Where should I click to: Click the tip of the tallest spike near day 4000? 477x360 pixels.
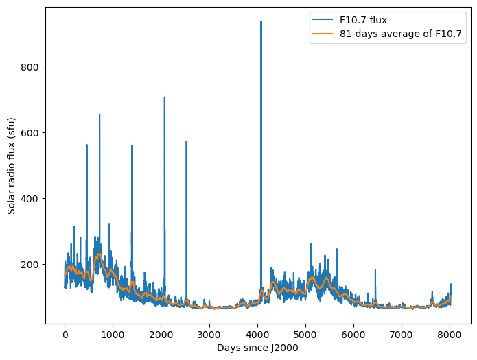point(261,21)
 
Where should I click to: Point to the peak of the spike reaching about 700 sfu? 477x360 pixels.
point(164,97)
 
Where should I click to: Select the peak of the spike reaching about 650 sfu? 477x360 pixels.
point(100,115)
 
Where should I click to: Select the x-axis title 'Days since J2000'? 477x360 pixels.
point(257,348)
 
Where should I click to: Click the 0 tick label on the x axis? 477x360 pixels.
point(65,334)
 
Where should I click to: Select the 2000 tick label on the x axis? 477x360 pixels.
point(161,334)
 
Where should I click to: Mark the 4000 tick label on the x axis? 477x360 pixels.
point(257,334)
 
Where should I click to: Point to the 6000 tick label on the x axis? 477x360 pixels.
point(353,334)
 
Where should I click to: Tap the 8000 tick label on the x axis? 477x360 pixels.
point(450,334)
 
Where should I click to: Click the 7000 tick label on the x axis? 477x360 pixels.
point(402,334)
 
